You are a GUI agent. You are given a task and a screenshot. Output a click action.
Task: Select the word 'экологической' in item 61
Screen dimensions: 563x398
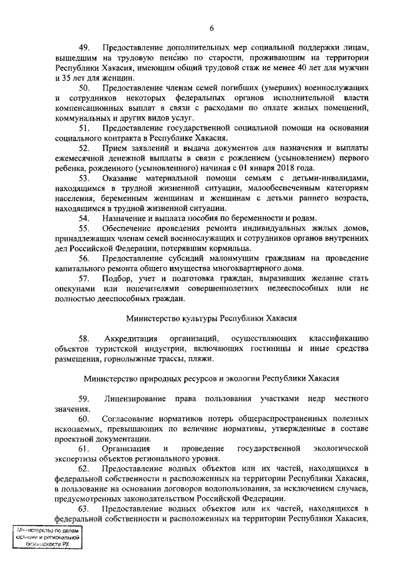[x=340, y=450]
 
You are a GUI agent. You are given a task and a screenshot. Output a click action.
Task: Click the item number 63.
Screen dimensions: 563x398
[x=85, y=511]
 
